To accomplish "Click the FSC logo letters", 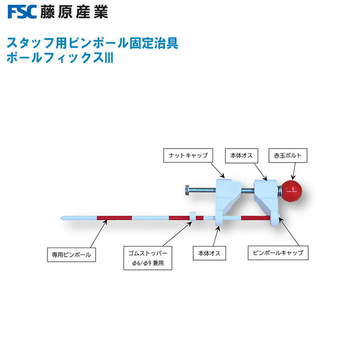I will click(x=21, y=12).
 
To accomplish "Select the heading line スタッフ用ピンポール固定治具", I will click(x=91, y=44).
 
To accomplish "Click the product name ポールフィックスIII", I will click(x=59, y=58).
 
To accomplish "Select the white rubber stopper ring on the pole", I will click(x=192, y=217).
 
